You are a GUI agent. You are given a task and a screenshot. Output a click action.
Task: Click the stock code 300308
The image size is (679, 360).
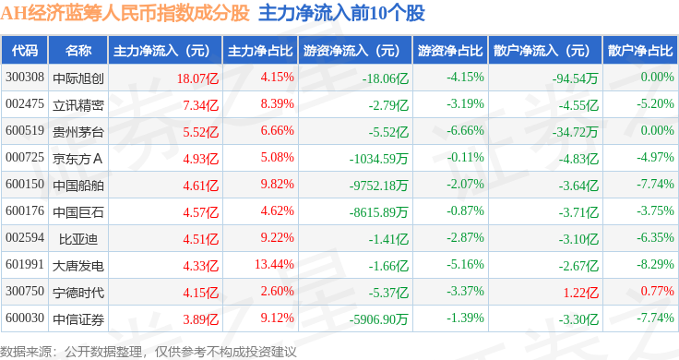tap(25, 78)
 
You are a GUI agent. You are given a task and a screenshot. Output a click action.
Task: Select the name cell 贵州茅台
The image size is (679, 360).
tap(78, 132)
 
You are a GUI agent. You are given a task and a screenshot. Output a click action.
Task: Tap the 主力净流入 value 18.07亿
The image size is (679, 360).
tap(198, 78)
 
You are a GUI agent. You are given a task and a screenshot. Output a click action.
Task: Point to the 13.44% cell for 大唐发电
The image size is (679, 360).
tap(274, 264)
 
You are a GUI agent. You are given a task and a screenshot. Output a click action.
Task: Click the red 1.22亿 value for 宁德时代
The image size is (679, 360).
tap(580, 293)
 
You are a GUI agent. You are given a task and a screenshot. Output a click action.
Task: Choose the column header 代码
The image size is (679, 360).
tap(25, 51)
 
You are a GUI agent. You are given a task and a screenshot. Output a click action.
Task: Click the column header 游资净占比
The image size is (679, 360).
tap(450, 51)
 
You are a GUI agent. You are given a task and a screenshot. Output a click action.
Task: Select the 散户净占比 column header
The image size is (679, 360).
tap(640, 51)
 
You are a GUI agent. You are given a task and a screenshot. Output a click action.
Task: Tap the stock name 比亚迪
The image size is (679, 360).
tap(78, 239)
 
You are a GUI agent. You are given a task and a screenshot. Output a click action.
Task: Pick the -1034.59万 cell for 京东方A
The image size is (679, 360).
tap(379, 159)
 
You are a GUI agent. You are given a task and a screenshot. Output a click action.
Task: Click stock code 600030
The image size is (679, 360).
tap(25, 318)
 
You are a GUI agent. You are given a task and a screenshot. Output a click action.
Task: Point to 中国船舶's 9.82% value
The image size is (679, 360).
tap(277, 184)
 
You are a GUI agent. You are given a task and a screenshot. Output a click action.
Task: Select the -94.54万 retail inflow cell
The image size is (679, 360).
tap(575, 78)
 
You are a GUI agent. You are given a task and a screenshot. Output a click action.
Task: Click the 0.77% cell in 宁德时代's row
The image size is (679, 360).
tap(658, 291)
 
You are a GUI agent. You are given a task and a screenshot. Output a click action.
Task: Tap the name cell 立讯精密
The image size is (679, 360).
tap(78, 105)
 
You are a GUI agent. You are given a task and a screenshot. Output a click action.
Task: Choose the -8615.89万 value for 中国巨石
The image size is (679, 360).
tap(379, 212)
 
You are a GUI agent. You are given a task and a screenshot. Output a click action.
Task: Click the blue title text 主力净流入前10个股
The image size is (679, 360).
tap(341, 14)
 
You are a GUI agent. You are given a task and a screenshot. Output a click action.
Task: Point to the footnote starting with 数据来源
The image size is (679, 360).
tap(149, 352)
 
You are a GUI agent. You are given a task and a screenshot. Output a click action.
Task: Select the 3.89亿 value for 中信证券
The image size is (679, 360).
tap(200, 319)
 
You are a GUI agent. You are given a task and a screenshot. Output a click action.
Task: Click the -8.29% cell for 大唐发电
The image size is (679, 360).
tap(655, 264)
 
